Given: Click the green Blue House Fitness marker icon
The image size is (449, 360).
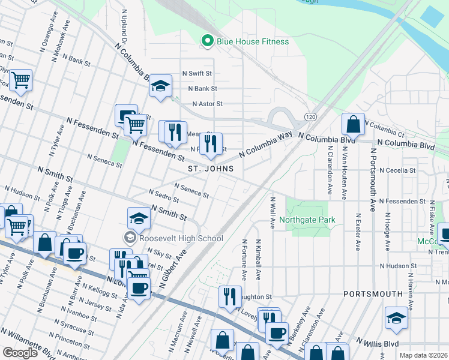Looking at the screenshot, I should pyautogui.click(x=208, y=41).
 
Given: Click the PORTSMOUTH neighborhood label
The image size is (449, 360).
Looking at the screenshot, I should pyautogui.click(x=373, y=294).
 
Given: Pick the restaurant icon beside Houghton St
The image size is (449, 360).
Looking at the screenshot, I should pyautogui.click(x=230, y=296).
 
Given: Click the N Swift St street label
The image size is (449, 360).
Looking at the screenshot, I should pyautogui.click(x=200, y=73).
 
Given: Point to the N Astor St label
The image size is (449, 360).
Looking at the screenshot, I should pyautogui.click(x=207, y=104).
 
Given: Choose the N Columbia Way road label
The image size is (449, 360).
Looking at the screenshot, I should pyautogui.click(x=265, y=145).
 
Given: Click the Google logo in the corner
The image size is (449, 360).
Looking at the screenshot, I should pyautogui.click(x=20, y=353).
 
